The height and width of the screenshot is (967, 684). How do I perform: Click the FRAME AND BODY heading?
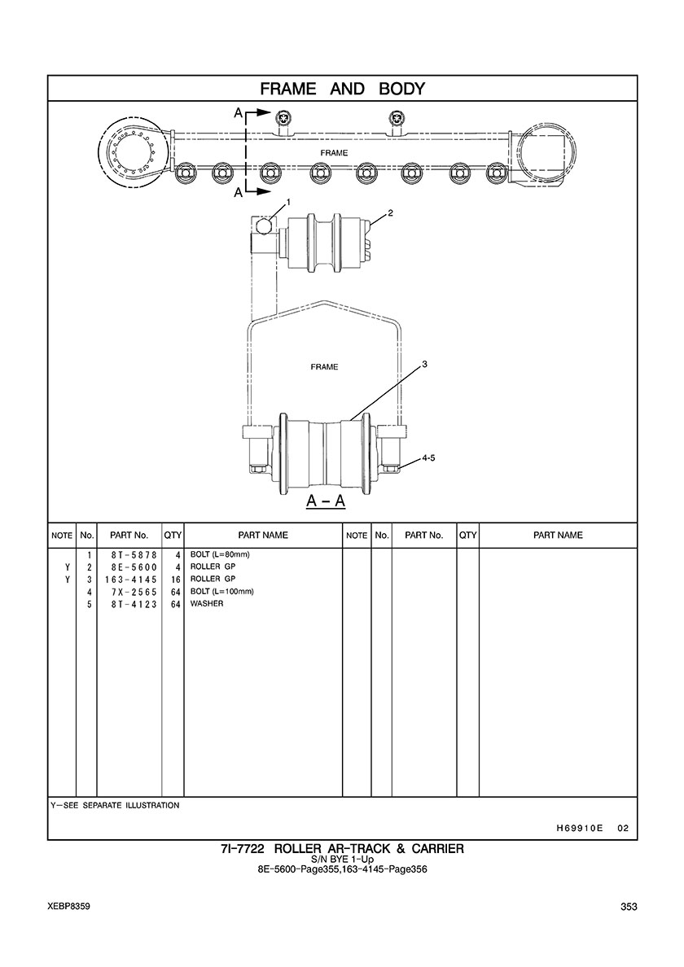(x=342, y=89)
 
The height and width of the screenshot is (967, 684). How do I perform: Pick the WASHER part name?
(x=207, y=604)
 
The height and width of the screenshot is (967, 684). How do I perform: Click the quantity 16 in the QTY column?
(x=175, y=579)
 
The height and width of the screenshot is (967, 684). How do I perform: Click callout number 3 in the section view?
(x=424, y=365)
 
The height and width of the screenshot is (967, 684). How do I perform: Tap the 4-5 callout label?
(x=428, y=458)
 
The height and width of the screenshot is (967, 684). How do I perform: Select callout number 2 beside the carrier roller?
(x=390, y=213)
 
